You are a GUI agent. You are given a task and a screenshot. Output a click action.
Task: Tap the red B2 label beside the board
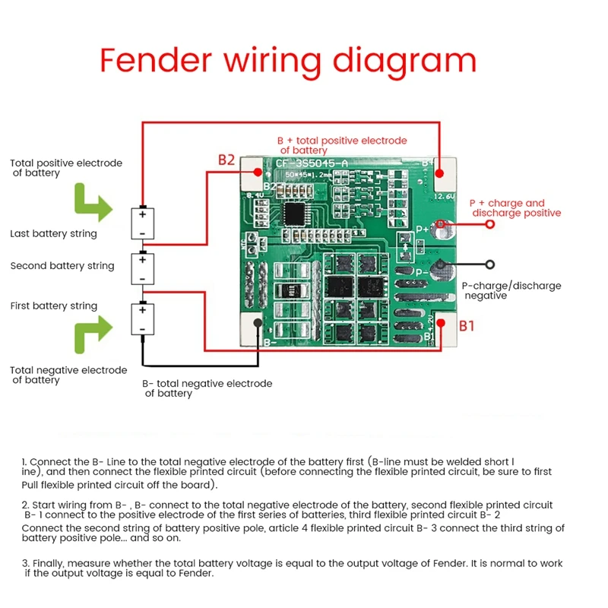tap(226, 160)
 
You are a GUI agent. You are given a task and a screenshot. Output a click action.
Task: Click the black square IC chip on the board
tap(293, 213)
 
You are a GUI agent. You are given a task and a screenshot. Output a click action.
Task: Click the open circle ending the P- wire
tap(490, 264)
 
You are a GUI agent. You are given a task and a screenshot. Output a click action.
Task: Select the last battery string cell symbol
tap(142, 223)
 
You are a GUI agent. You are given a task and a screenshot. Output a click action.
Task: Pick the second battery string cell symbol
tap(142, 268)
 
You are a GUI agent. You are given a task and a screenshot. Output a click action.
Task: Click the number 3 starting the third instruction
tap(24, 564)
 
